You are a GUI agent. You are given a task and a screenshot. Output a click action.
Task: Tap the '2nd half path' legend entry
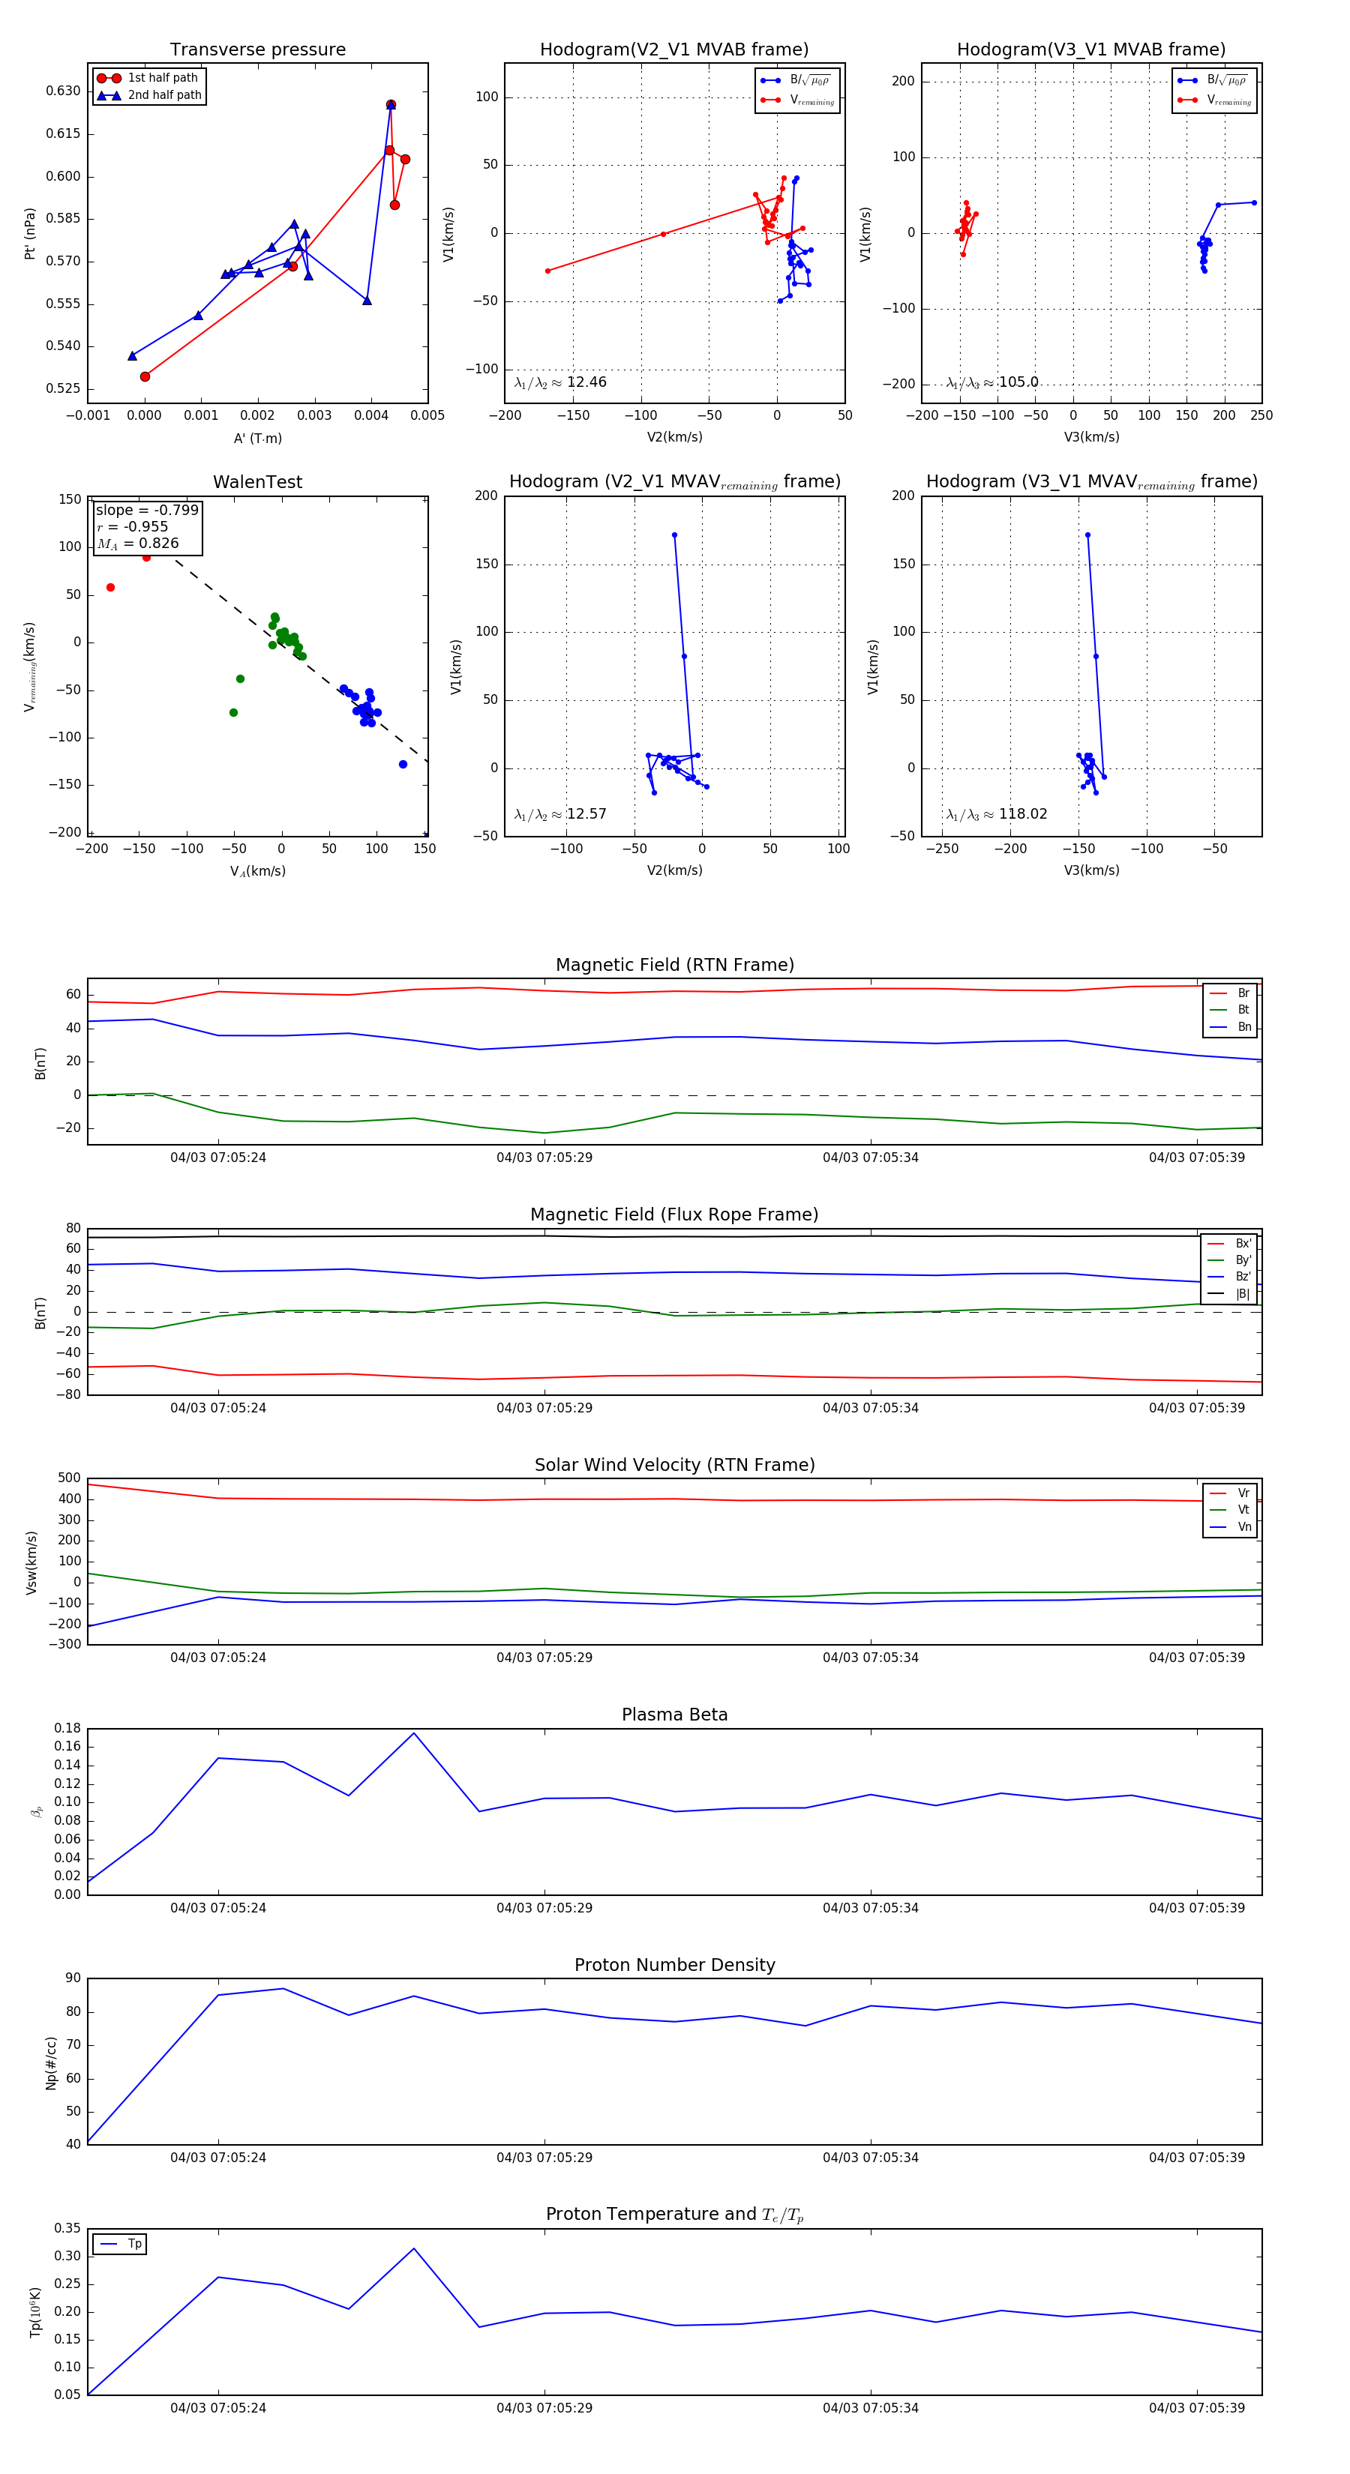pyautogui.click(x=164, y=95)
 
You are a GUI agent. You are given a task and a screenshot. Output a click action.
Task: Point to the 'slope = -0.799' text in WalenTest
pyautogui.click(x=147, y=510)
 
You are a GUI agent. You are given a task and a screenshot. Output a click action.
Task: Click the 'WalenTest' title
pyautogui.click(x=257, y=482)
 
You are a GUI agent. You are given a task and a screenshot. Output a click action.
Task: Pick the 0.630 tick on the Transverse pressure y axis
pyautogui.click(x=64, y=91)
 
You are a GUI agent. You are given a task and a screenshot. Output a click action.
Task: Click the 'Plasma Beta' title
pyautogui.click(x=674, y=1715)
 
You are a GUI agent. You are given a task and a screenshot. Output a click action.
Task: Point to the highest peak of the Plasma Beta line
pyautogui.click(x=414, y=1733)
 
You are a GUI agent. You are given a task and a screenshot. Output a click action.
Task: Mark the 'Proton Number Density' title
pyautogui.click(x=674, y=1965)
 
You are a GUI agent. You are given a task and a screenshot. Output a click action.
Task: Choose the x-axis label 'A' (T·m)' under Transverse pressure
pyautogui.click(x=257, y=438)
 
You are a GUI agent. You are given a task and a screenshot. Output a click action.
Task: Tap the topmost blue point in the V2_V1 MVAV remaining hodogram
pyautogui.click(x=674, y=535)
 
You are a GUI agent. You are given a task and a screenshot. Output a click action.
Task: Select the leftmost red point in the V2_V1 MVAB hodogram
pyautogui.click(x=547, y=271)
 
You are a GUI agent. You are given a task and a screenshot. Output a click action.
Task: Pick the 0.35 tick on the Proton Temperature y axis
pyautogui.click(x=67, y=2228)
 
